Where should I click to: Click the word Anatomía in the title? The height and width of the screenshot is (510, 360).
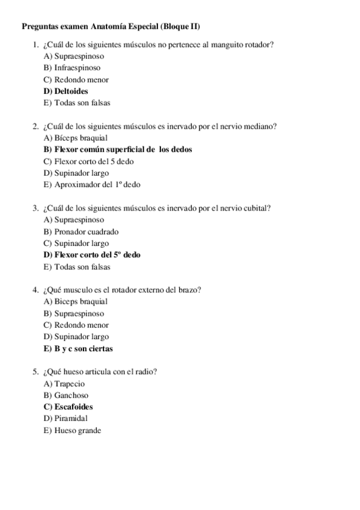[107, 27]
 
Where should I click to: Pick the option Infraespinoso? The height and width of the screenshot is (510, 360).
[72, 68]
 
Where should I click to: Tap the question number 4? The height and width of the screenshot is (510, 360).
[36, 290]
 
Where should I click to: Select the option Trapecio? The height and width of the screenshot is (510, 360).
[64, 384]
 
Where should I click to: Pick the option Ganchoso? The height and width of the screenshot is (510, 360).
[66, 395]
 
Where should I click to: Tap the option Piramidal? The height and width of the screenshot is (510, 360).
[66, 418]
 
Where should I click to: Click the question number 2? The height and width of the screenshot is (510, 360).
[36, 126]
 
